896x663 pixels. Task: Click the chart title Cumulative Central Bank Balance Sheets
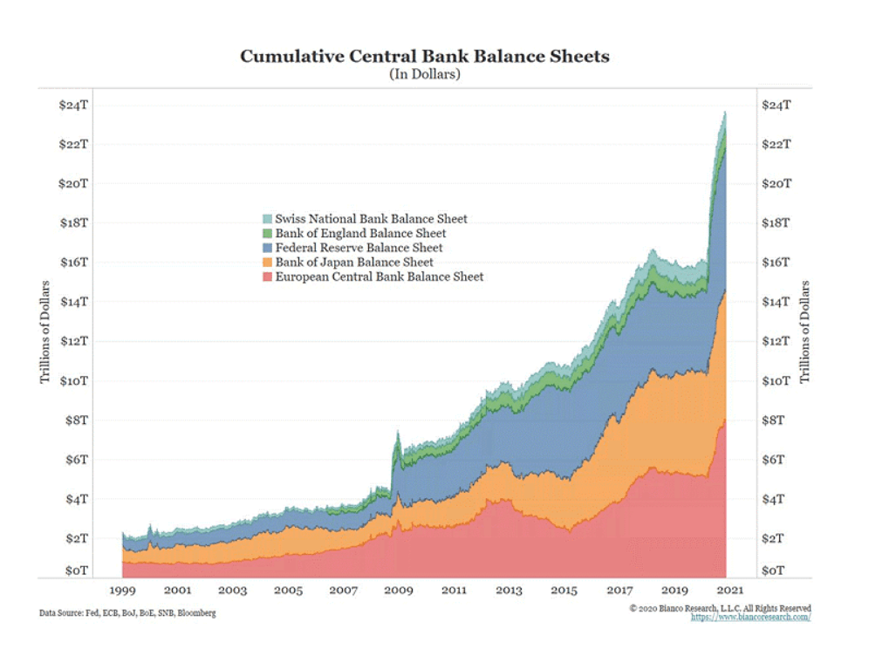click(425, 57)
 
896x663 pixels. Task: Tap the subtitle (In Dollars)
click(425, 75)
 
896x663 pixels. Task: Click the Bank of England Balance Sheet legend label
click(360, 234)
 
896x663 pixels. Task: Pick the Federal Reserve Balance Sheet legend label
click(359, 248)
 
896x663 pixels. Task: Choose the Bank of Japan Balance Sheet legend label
click(354, 262)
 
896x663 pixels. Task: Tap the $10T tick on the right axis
click(776, 381)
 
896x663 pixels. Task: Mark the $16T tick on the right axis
click(776, 263)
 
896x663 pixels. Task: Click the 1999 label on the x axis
click(121, 591)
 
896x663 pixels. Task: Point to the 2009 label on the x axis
click(398, 591)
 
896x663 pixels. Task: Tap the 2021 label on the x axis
click(728, 591)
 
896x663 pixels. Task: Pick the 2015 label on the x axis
click(564, 591)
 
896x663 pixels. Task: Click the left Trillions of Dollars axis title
click(44, 332)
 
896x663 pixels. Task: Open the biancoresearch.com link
click(750, 617)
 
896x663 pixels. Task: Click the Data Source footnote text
click(127, 613)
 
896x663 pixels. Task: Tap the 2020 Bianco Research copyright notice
click(720, 608)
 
